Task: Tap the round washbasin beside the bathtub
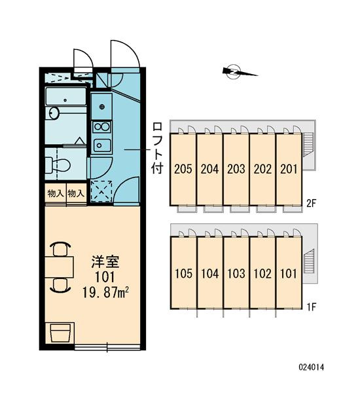54,113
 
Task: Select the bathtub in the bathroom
65,96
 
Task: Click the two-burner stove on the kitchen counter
101,127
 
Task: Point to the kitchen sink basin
101,145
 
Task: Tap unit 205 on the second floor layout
183,170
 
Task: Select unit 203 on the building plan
236,170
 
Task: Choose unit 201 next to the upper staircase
289,170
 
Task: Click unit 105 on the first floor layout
184,272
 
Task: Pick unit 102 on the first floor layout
262,272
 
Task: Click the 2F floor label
311,203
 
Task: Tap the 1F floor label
312,307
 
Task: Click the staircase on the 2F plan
308,145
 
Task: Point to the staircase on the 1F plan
308,261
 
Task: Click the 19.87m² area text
105,293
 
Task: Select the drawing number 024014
312,367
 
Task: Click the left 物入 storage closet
56,193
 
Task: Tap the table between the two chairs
60,267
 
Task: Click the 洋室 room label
105,262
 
